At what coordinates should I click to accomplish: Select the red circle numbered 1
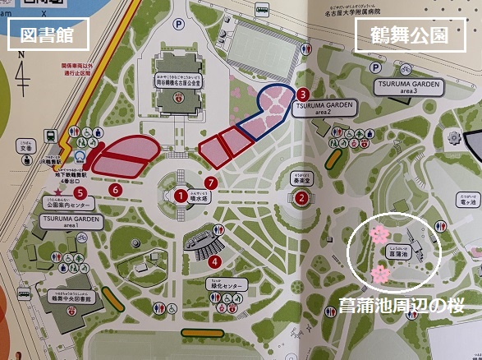click(x=179, y=196)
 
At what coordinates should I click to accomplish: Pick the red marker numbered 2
click(x=302, y=196)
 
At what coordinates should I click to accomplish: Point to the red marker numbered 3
click(x=303, y=94)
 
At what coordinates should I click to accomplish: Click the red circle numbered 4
click(x=215, y=261)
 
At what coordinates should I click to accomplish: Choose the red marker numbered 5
click(x=79, y=192)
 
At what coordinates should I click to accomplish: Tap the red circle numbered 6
click(x=116, y=190)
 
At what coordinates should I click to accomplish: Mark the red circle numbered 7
click(x=212, y=182)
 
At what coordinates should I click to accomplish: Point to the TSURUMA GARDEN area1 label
click(x=73, y=224)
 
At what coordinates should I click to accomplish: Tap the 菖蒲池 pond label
click(x=399, y=256)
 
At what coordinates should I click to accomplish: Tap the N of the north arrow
click(x=22, y=54)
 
